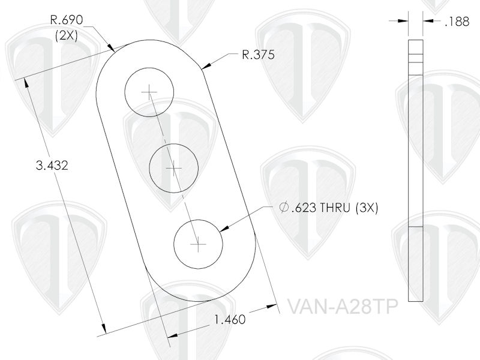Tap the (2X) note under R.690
point(65,35)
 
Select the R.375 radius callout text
point(258,55)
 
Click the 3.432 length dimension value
point(52,166)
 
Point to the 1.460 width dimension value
point(229,320)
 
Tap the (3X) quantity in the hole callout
point(367,208)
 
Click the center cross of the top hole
point(148,91)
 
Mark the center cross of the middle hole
point(173,169)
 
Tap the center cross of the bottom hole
point(198,244)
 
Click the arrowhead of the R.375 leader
point(206,67)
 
